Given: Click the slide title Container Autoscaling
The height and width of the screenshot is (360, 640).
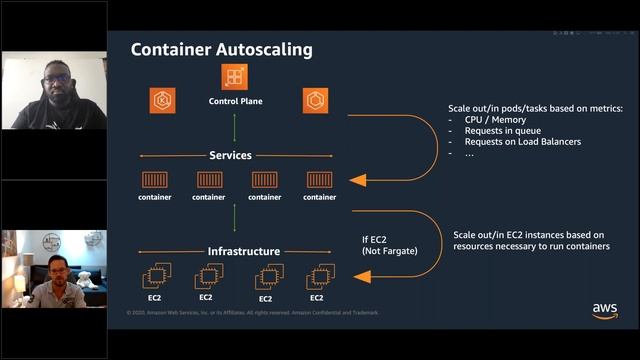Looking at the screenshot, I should [x=222, y=49].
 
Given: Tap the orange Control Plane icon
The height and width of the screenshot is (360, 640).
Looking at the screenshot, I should [x=235, y=77].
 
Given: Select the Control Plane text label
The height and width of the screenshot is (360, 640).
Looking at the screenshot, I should [x=235, y=101].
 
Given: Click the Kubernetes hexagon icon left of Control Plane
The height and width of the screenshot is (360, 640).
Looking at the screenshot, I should [x=163, y=100].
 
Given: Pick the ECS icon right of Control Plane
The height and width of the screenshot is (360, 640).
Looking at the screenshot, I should [x=316, y=100].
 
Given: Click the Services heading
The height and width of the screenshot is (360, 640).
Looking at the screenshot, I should [x=230, y=156].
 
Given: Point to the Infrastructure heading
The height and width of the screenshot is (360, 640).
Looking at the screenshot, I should [x=243, y=251].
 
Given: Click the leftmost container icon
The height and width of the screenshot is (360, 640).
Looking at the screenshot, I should [x=155, y=180].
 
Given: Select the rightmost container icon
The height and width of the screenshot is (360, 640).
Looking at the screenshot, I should [x=319, y=180].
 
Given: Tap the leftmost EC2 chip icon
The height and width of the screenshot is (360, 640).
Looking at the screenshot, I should [x=155, y=275].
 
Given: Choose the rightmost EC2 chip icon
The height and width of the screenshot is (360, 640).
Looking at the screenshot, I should [x=317, y=275].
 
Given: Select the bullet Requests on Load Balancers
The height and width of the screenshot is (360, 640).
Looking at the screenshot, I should [x=522, y=141].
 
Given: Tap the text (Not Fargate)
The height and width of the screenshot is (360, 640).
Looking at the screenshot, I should [x=389, y=251].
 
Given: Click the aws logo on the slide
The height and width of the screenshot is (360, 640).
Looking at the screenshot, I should [x=604, y=310].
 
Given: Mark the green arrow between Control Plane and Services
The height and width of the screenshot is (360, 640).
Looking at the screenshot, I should [x=235, y=127].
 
